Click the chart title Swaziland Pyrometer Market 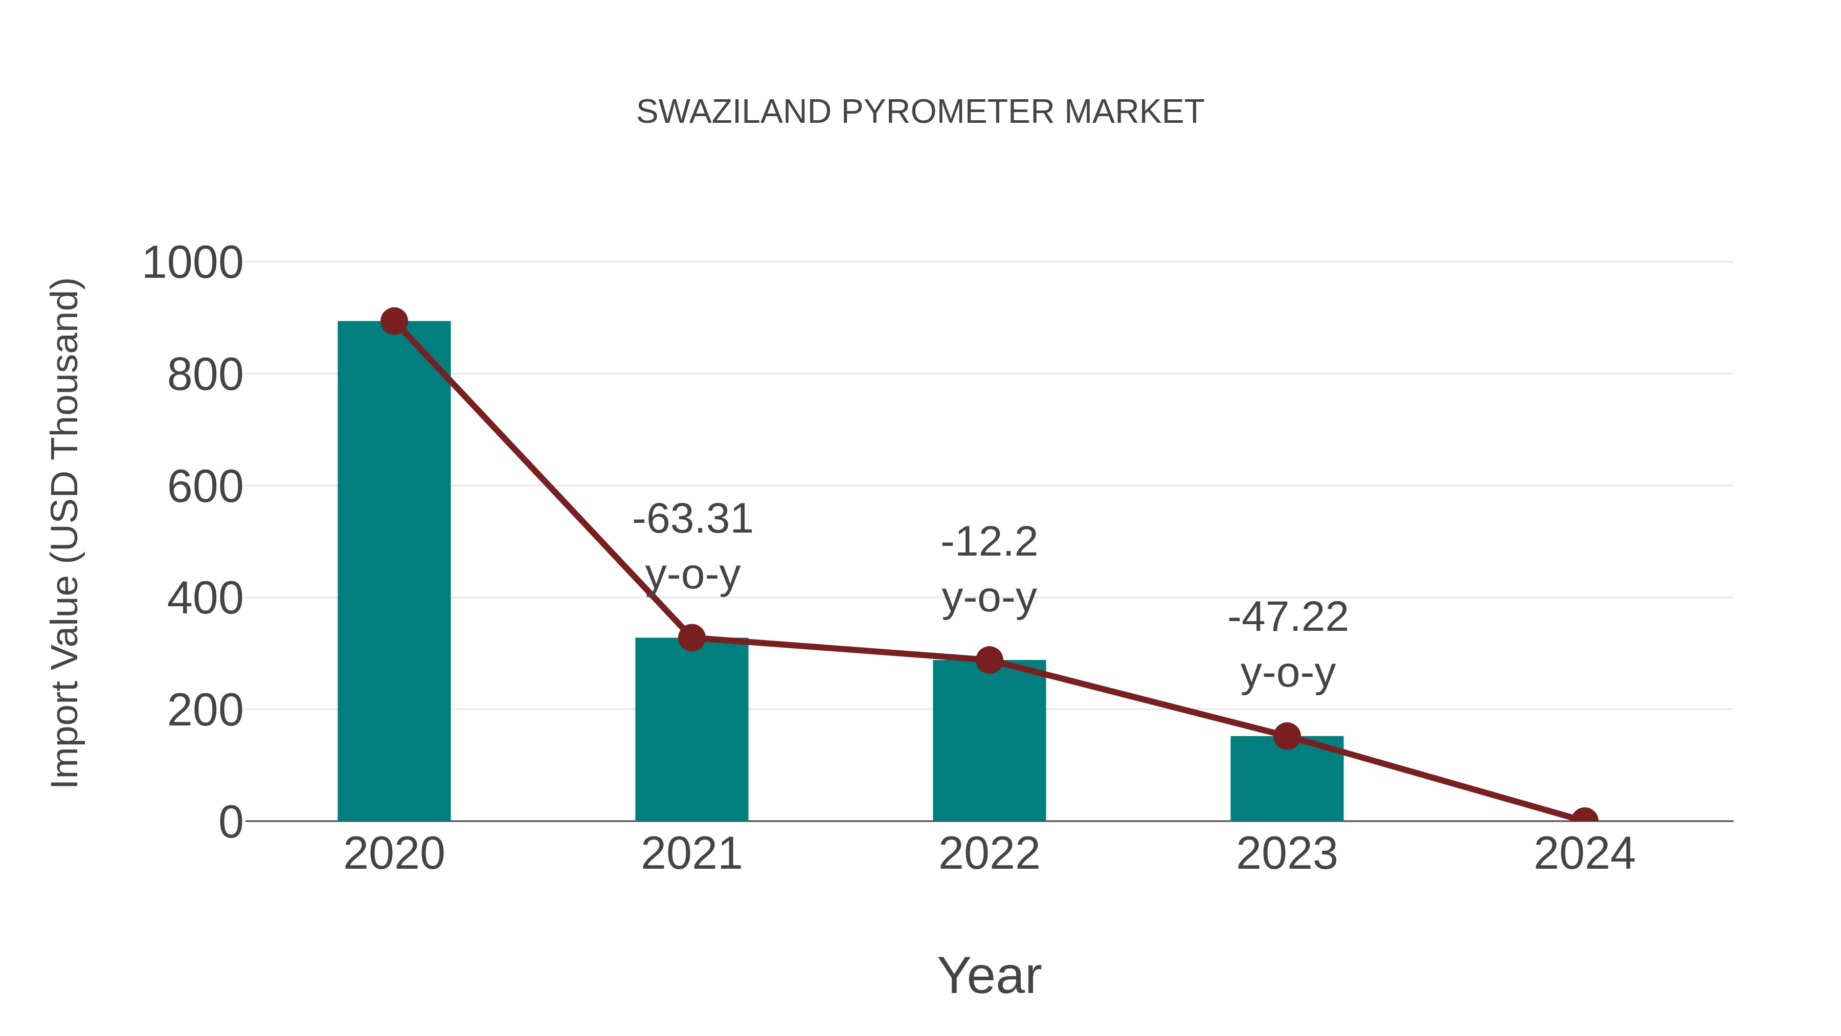pos(920,112)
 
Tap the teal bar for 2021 pos(691,729)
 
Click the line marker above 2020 pos(394,322)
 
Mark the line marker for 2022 pos(989,660)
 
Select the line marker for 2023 pos(1287,736)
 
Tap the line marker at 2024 pos(1584,820)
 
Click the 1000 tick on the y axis pos(193,263)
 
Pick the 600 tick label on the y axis pos(205,487)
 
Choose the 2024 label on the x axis pos(1584,854)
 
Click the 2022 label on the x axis pos(989,854)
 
